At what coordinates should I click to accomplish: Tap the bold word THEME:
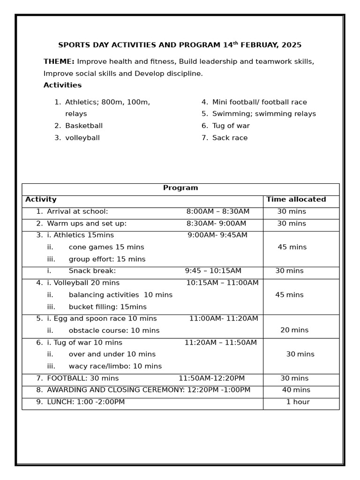click(59, 62)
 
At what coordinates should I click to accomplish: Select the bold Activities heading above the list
click(62, 85)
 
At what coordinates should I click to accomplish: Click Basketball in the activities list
click(84, 126)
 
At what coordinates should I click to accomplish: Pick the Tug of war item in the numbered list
click(231, 126)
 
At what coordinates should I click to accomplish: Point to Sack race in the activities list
click(230, 138)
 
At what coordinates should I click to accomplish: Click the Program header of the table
click(180, 188)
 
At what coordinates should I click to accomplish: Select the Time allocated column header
click(296, 200)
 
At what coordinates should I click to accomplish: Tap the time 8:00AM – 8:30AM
click(218, 212)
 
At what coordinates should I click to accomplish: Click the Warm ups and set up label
click(87, 224)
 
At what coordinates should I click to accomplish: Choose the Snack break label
click(92, 271)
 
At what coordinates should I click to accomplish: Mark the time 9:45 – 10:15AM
click(213, 271)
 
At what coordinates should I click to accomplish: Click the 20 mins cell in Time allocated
click(294, 330)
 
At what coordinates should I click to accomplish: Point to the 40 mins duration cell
click(296, 390)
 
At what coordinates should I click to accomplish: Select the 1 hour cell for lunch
click(298, 402)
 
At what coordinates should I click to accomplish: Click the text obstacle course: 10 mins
click(114, 331)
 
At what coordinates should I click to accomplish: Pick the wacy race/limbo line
click(115, 367)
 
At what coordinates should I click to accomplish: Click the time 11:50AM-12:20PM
click(211, 379)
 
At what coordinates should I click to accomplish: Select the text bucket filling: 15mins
click(107, 307)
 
